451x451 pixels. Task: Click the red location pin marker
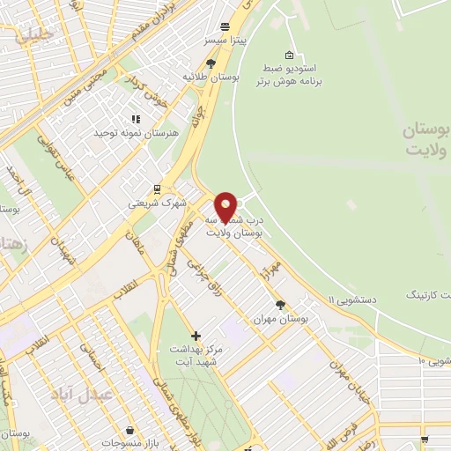(226, 207)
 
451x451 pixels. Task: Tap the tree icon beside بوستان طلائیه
(211, 63)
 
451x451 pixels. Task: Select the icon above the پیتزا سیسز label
(226, 27)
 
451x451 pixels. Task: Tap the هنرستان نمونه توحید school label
(137, 132)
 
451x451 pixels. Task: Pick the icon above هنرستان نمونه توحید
(136, 119)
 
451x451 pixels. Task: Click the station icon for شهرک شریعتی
(157, 189)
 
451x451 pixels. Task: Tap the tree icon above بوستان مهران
(280, 305)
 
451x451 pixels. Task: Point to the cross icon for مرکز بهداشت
(196, 336)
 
